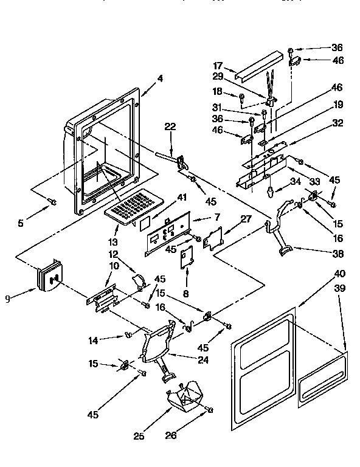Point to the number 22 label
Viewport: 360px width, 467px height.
coord(170,126)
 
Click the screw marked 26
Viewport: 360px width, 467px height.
coord(210,410)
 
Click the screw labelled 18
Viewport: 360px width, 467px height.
coord(242,97)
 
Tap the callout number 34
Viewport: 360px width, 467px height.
coord(296,181)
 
